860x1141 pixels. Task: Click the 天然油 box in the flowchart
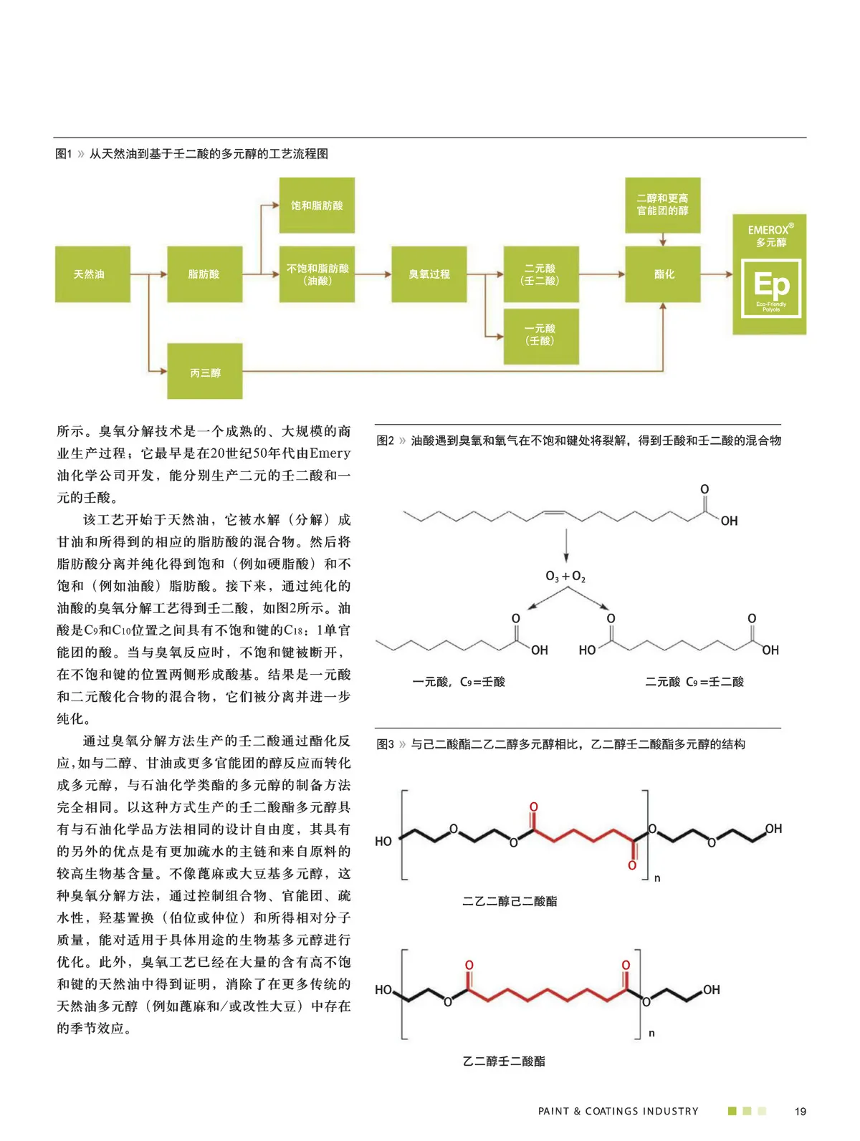tap(92, 274)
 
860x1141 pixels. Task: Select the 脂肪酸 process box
tap(204, 274)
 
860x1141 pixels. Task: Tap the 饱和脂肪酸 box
tap(317, 206)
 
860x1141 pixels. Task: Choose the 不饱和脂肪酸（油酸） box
tap(317, 274)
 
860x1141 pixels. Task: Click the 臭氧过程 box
tap(429, 274)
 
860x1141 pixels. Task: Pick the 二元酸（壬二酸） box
tap(540, 274)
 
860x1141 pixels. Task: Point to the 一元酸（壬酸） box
tap(540, 335)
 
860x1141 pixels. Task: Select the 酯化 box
tap(663, 274)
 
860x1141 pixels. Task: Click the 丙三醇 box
tap(205, 372)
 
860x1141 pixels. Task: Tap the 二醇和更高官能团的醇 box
tap(662, 205)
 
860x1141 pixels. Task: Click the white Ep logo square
tap(770, 289)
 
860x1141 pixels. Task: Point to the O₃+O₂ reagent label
tap(565, 577)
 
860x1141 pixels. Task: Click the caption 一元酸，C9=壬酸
tap(459, 682)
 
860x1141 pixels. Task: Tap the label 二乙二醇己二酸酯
tap(510, 901)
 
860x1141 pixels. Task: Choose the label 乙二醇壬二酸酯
tap(504, 1061)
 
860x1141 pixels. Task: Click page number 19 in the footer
tap(801, 1112)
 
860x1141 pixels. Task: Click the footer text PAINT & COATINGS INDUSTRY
tap(618, 1112)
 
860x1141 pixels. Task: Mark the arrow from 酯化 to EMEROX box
tap(716, 274)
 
